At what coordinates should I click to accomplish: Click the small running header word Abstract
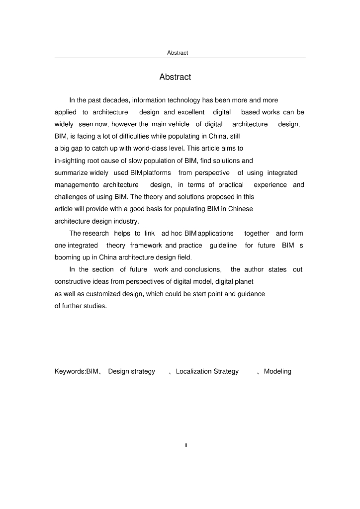[x=178, y=53]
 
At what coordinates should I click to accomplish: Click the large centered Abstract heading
[x=175, y=77]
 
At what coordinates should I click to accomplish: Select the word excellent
[x=191, y=112]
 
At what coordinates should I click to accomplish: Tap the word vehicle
[x=179, y=124]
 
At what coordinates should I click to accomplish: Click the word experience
[x=270, y=185]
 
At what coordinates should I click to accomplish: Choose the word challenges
[x=71, y=197]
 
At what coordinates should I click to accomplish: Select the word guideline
[x=223, y=246]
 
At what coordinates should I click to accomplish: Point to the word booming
[x=68, y=257]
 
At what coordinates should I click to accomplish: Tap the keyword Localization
[x=192, y=371]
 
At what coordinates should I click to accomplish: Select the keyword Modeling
[x=277, y=371]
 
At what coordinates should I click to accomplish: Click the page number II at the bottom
[x=185, y=445]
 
